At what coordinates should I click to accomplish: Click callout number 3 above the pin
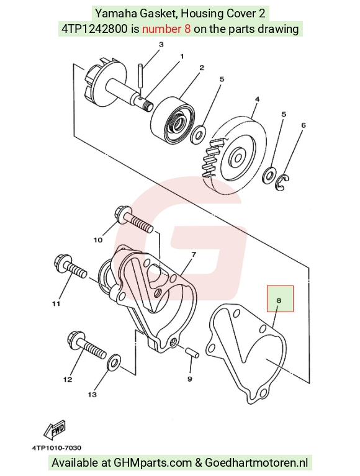point(161,44)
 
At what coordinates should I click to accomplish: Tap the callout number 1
point(182,56)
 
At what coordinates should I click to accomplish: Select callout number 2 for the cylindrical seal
point(202,68)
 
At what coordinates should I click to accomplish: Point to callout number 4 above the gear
point(257,99)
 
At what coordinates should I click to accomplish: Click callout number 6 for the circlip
point(304,125)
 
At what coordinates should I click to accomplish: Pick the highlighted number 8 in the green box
point(279,300)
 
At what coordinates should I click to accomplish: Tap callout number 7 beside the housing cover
point(194,254)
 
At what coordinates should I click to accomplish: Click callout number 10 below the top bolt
point(97,240)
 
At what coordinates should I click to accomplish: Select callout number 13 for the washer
point(92,394)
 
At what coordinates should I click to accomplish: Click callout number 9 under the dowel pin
point(190,379)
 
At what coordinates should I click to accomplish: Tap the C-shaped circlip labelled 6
point(282,182)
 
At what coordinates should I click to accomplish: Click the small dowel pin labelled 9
point(192,353)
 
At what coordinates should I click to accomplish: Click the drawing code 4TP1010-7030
point(56,448)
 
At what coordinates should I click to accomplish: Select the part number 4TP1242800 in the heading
point(94,29)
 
